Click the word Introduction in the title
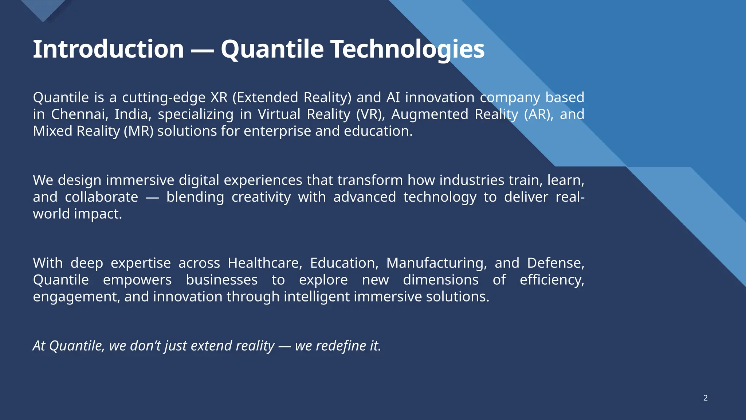coord(108,49)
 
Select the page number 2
coord(705,398)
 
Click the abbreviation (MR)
coord(139,131)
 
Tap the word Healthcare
coord(265,263)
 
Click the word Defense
coord(555,263)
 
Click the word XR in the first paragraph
coord(219,98)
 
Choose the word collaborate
coord(101,197)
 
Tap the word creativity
coord(261,197)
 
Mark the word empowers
coord(137,280)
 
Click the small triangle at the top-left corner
coord(43,9)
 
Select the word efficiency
coord(551,280)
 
